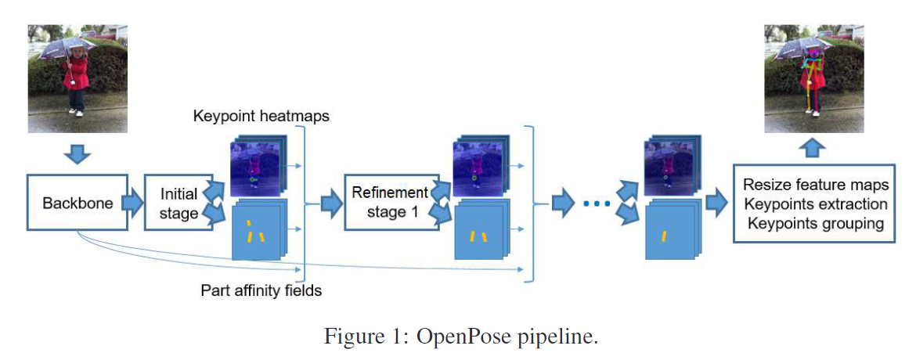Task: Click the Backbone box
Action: [x=77, y=203]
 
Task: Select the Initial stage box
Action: [x=179, y=203]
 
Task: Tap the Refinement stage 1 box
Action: [x=389, y=203]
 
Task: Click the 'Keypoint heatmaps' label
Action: [x=261, y=117]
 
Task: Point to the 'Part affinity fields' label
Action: [x=261, y=291]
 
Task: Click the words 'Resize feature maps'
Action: [x=816, y=185]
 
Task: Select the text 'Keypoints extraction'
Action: [x=817, y=204]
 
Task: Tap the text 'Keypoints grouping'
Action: [x=815, y=224]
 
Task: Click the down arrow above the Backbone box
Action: [x=77, y=153]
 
